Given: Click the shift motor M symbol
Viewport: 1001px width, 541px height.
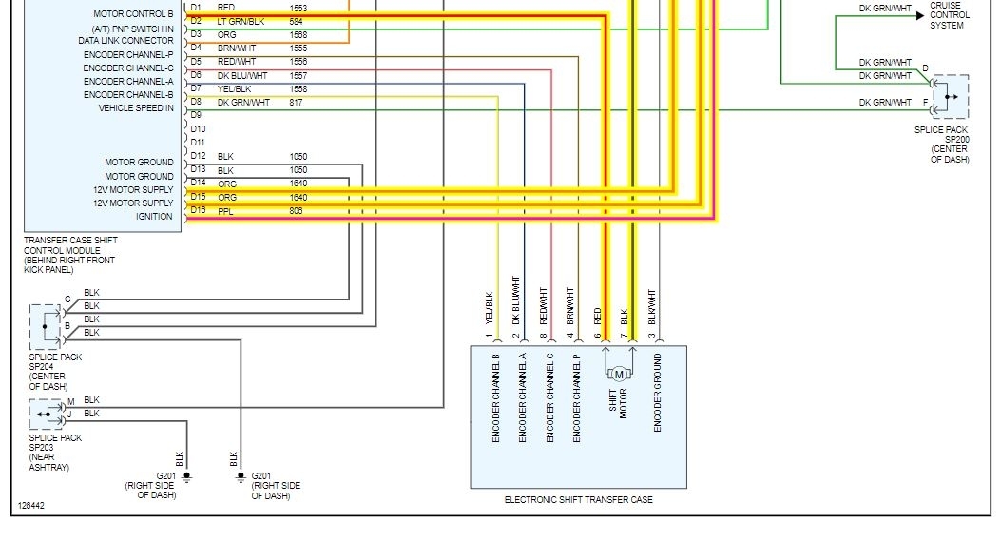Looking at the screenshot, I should [619, 374].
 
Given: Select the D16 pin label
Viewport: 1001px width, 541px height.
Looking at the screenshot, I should [197, 210].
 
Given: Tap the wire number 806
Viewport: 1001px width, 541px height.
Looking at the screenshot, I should [297, 211].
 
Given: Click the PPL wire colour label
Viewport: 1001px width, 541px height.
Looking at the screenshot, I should [225, 211].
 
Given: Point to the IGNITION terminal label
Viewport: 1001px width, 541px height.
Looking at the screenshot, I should [154, 217].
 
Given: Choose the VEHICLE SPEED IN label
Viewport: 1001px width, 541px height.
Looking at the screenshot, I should [136, 108].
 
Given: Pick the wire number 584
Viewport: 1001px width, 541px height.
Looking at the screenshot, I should [297, 21].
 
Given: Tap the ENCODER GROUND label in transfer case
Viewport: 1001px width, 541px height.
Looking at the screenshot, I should [657, 394].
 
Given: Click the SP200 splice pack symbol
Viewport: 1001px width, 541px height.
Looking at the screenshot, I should [950, 96].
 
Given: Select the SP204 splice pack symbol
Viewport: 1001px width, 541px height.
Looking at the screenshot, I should [45, 326].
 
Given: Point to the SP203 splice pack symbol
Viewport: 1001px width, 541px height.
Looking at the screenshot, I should [45, 415].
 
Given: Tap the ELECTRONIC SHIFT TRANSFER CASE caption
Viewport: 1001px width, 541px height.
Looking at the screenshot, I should [578, 500].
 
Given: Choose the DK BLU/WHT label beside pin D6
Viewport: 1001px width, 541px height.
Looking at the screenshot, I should [241, 75].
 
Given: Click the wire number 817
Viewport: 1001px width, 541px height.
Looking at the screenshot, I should [297, 103].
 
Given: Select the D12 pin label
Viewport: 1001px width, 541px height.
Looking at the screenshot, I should [197, 156].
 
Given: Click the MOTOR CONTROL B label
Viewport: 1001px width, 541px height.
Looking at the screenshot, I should [133, 14].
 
